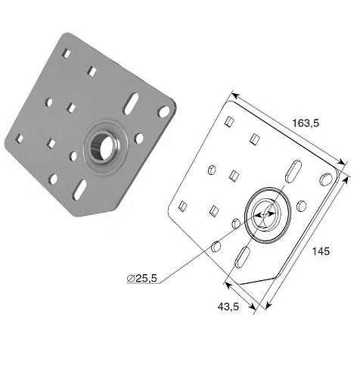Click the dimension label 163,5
pyautogui.click(x=306, y=123)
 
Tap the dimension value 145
pyautogui.click(x=321, y=251)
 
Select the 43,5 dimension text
pyautogui.click(x=228, y=307)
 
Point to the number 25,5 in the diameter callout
pyautogui.click(x=147, y=278)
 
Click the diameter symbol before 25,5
pyautogui.click(x=131, y=279)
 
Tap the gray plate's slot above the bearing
pyautogui.click(x=131, y=104)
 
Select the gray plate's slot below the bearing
pyautogui.click(x=79, y=190)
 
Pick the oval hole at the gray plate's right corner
pyautogui.click(x=163, y=112)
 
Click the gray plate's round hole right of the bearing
pyautogui.click(x=139, y=138)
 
